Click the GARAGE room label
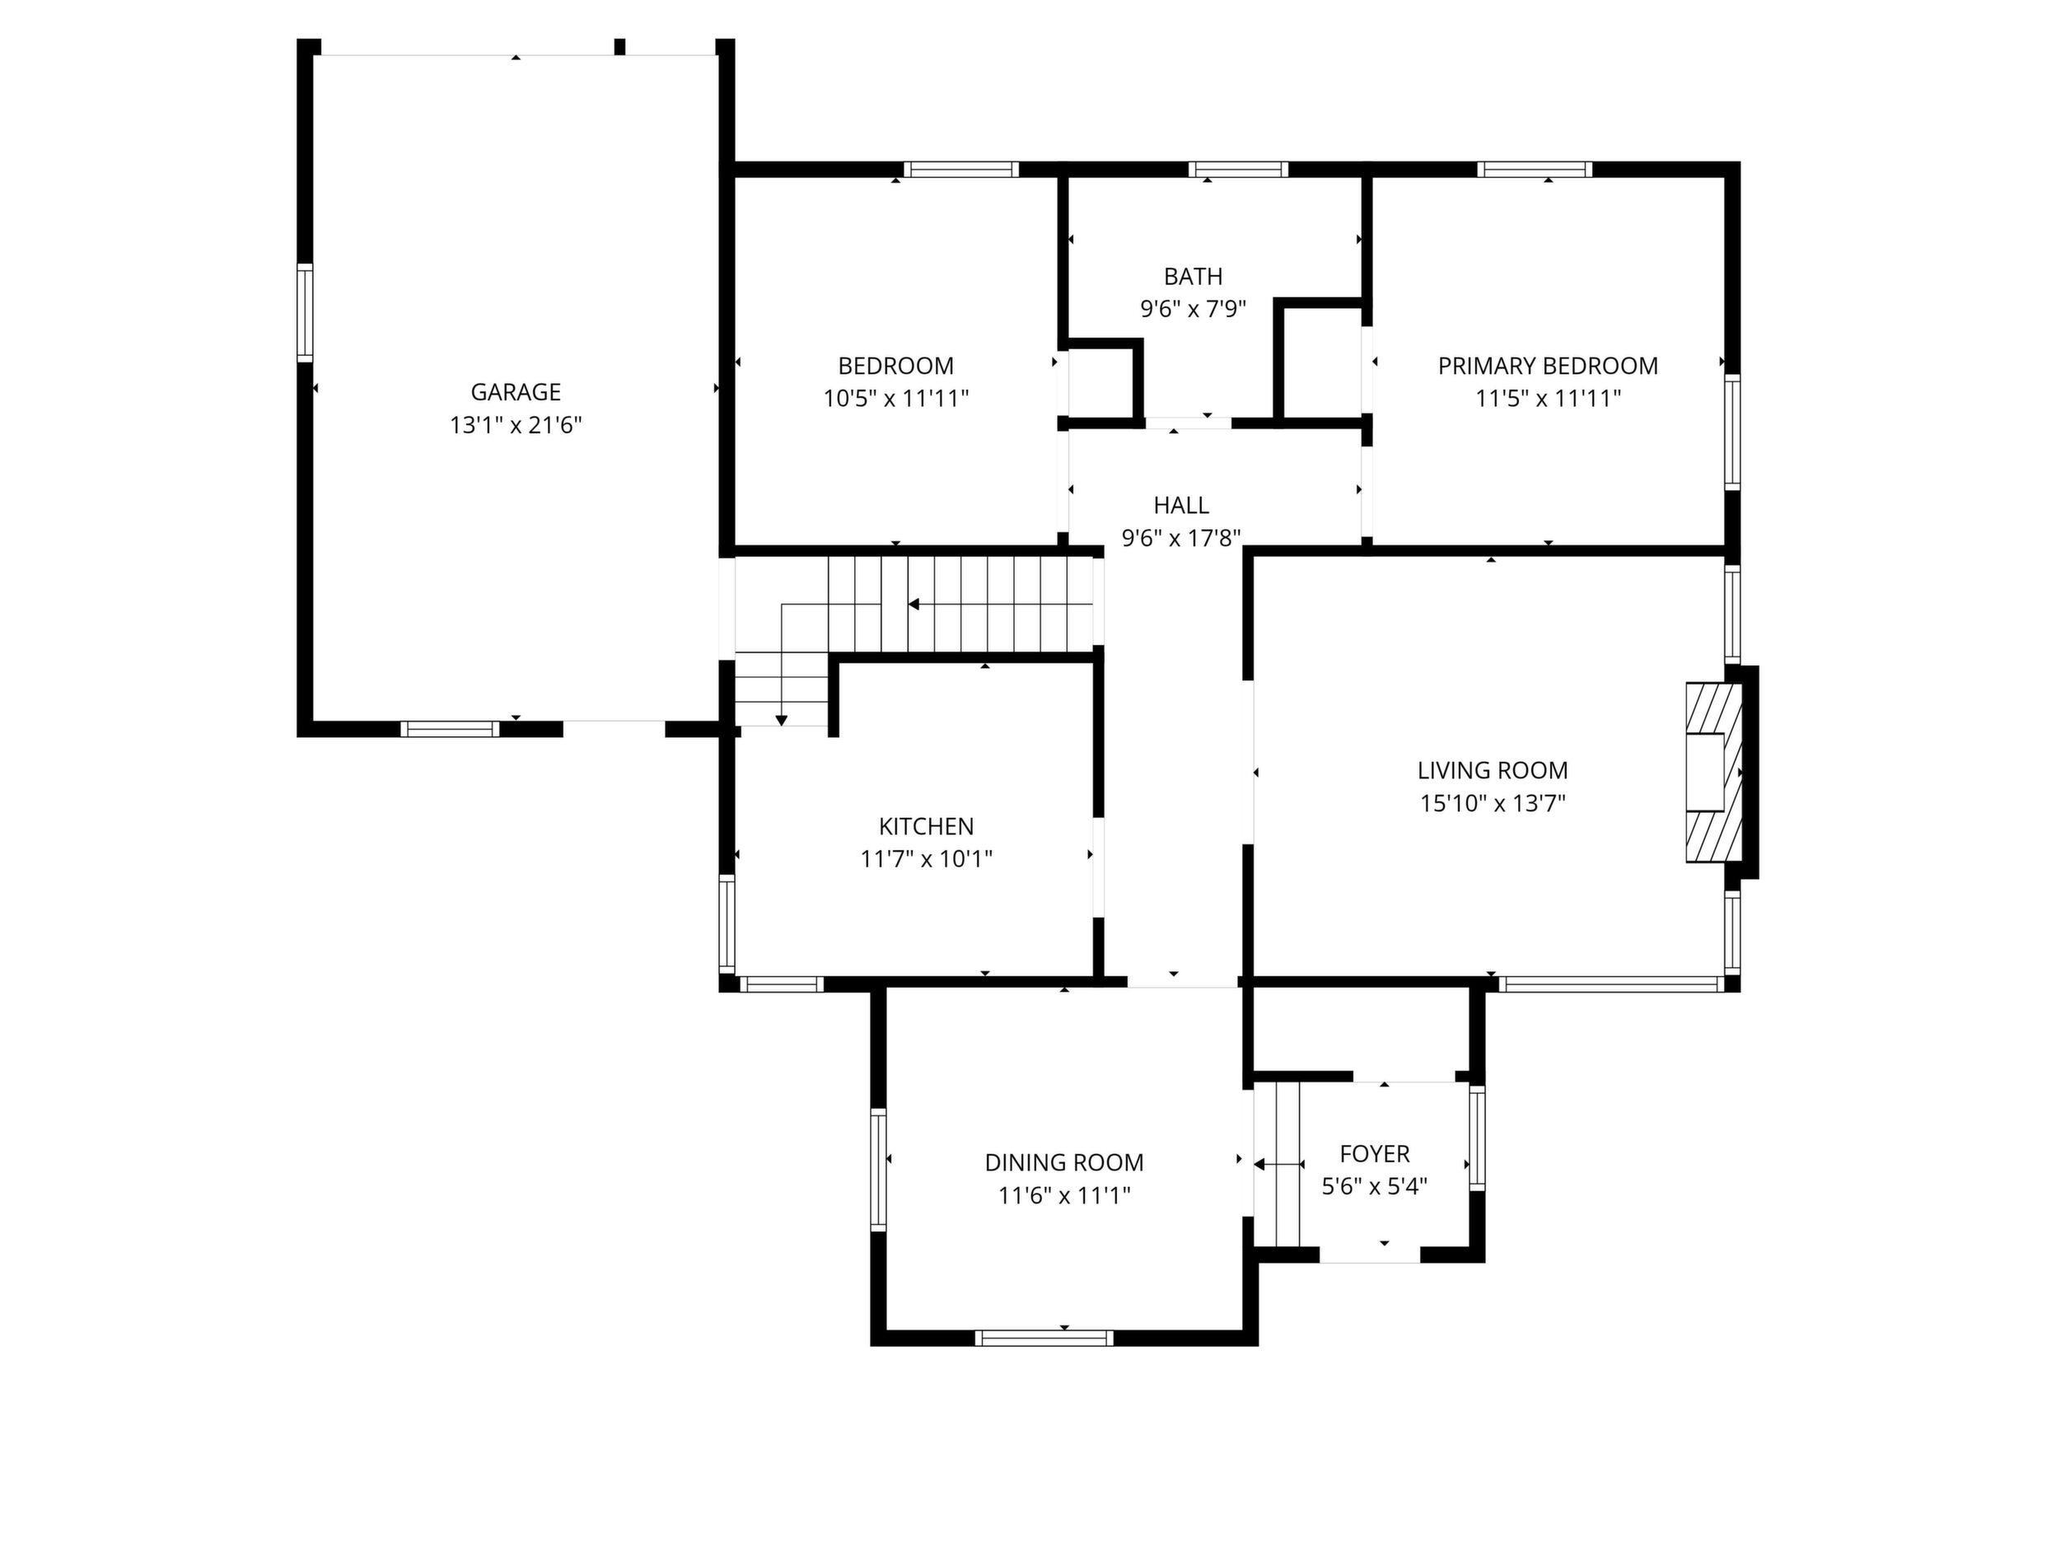coord(515,392)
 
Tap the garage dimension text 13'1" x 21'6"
coord(516,426)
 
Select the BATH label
coord(1194,276)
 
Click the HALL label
coord(1181,506)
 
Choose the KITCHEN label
coord(927,826)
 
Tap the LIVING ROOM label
coord(1493,770)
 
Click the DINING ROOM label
coord(1064,1163)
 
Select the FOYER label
coord(1375,1154)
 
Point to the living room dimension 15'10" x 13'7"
coord(1493,803)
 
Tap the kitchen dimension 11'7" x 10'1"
coord(927,859)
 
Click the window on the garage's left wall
coord(305,312)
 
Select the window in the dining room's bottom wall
coord(1044,1339)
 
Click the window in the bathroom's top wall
coord(1238,169)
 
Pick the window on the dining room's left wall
coord(878,1171)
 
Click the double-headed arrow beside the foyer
coord(1279,1164)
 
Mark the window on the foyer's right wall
coord(1477,1138)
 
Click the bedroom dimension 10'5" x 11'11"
coord(896,399)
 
